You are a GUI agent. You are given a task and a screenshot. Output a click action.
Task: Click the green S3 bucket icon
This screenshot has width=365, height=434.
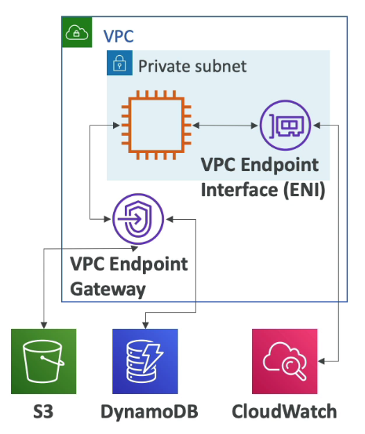(43, 361)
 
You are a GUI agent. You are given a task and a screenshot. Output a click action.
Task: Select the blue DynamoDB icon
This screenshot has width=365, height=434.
(145, 361)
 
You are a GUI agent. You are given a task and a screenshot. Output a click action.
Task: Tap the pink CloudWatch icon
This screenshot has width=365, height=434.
(285, 361)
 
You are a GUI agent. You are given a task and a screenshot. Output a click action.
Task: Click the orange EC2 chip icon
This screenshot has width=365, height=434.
(151, 124)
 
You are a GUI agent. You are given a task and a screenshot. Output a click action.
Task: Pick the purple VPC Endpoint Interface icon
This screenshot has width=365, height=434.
(285, 125)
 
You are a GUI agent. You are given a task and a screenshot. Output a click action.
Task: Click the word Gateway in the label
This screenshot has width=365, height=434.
(108, 289)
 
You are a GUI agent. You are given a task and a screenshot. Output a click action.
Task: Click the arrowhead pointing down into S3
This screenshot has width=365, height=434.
(43, 325)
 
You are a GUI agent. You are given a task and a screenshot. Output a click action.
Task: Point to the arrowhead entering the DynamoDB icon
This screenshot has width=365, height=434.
(145, 325)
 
